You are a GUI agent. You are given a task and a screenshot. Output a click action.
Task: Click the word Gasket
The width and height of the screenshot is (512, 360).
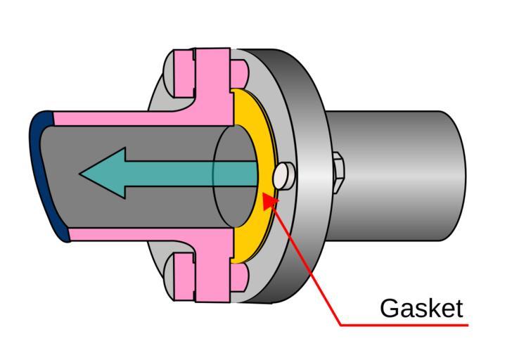pyautogui.click(x=421, y=308)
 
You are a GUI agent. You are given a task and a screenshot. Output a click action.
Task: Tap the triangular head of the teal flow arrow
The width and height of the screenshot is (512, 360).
pyautogui.click(x=105, y=173)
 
